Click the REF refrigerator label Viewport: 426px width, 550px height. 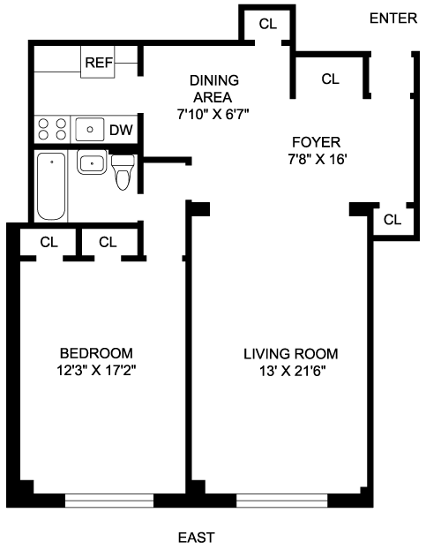click(99, 63)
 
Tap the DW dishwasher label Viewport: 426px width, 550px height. click(121, 130)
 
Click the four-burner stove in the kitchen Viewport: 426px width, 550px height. click(52, 129)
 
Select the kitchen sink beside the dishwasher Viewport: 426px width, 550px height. click(90, 130)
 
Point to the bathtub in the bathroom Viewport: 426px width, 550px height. click(51, 186)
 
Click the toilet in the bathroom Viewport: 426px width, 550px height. click(123, 172)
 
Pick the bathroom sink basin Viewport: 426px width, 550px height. click(92, 162)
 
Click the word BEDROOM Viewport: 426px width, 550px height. click(96, 353)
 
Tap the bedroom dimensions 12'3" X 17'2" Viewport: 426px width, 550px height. click(96, 371)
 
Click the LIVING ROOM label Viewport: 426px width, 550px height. click(291, 354)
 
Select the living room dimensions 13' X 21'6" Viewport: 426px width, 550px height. click(291, 371)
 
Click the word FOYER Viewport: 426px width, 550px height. click(317, 142)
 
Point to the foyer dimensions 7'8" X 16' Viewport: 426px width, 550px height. click(318, 160)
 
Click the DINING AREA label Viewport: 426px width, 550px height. click(213, 89)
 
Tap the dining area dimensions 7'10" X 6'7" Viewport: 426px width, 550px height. click(213, 115)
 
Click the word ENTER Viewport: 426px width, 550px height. click(393, 19)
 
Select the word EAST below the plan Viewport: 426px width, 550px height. click(196, 538)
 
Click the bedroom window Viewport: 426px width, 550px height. click(109, 501)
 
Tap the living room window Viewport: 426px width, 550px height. click(282, 501)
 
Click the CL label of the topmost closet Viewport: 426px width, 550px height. click(268, 24)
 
